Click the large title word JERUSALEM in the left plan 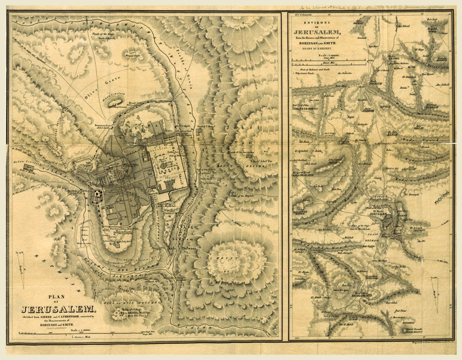58,309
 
